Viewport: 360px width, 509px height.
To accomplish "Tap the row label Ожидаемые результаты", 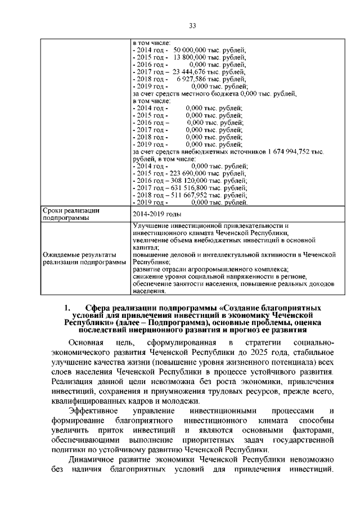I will click(80, 254).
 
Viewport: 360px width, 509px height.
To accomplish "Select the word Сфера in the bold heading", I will click(99, 308).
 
